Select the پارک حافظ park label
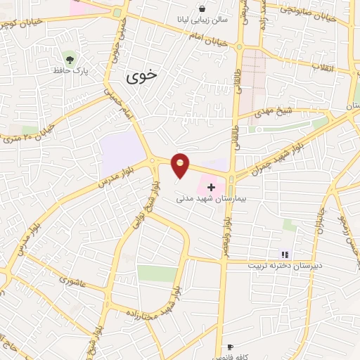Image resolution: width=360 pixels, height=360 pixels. [x=69, y=70]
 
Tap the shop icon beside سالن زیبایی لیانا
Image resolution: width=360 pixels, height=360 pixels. [x=202, y=9]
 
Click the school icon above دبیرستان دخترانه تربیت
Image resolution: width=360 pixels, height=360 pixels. [x=285, y=255]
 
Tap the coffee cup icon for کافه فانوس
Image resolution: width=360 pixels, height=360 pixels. [x=230, y=347]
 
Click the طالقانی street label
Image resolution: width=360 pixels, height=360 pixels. [x=236, y=82]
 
